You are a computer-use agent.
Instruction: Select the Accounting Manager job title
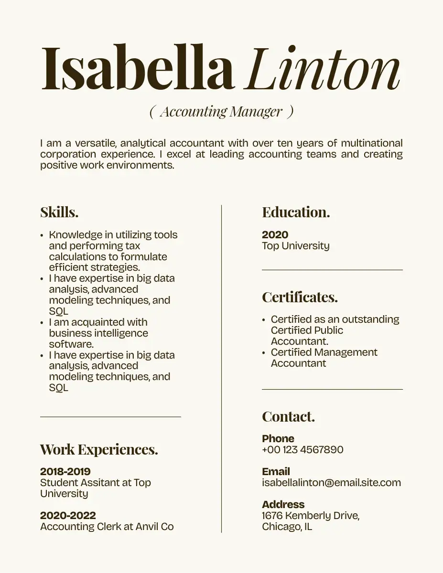pyautogui.click(x=221, y=112)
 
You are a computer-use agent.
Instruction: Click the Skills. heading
pyautogui.click(x=59, y=212)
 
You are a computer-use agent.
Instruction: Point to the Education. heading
pyautogui.click(x=296, y=212)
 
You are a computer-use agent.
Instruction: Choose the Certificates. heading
pyautogui.click(x=300, y=297)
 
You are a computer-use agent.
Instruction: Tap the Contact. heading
pyautogui.click(x=288, y=416)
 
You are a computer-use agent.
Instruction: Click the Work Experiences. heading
pyautogui.click(x=99, y=449)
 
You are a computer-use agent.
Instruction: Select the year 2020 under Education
pyautogui.click(x=275, y=234)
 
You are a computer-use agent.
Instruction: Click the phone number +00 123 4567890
pyautogui.click(x=303, y=450)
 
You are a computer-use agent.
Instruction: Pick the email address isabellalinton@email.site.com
pyautogui.click(x=332, y=483)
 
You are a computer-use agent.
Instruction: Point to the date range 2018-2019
pyautogui.click(x=65, y=472)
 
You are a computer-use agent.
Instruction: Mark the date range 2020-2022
pyautogui.click(x=68, y=516)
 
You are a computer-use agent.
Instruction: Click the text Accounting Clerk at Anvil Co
pyautogui.click(x=107, y=527)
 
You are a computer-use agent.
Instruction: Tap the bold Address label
pyautogui.click(x=283, y=505)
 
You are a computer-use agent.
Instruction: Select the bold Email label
pyautogui.click(x=276, y=472)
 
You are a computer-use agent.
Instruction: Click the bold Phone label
pyautogui.click(x=278, y=439)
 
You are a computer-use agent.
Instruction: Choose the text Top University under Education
pyautogui.click(x=296, y=246)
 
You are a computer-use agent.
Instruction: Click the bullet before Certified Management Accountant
pyautogui.click(x=264, y=353)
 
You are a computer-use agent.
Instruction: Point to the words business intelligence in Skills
pyautogui.click(x=98, y=333)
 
